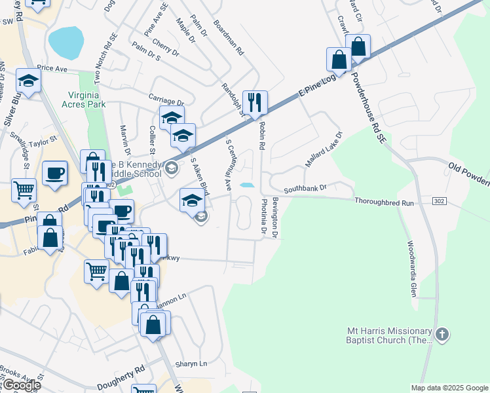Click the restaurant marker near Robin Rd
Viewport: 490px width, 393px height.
point(255,102)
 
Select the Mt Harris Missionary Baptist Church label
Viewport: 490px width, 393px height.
point(390,335)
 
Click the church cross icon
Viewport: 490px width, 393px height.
point(442,335)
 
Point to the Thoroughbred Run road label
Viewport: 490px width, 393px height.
point(385,203)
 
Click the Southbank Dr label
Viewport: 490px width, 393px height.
point(305,189)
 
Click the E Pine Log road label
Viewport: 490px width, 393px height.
point(318,86)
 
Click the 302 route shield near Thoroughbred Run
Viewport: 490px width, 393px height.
point(440,200)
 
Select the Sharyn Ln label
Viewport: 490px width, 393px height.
point(190,364)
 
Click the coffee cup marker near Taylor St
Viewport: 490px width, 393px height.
point(54,174)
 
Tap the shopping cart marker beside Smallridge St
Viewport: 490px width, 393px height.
point(24,190)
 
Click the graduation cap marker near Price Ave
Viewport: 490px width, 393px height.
point(29,81)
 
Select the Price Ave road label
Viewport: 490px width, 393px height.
point(53,68)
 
